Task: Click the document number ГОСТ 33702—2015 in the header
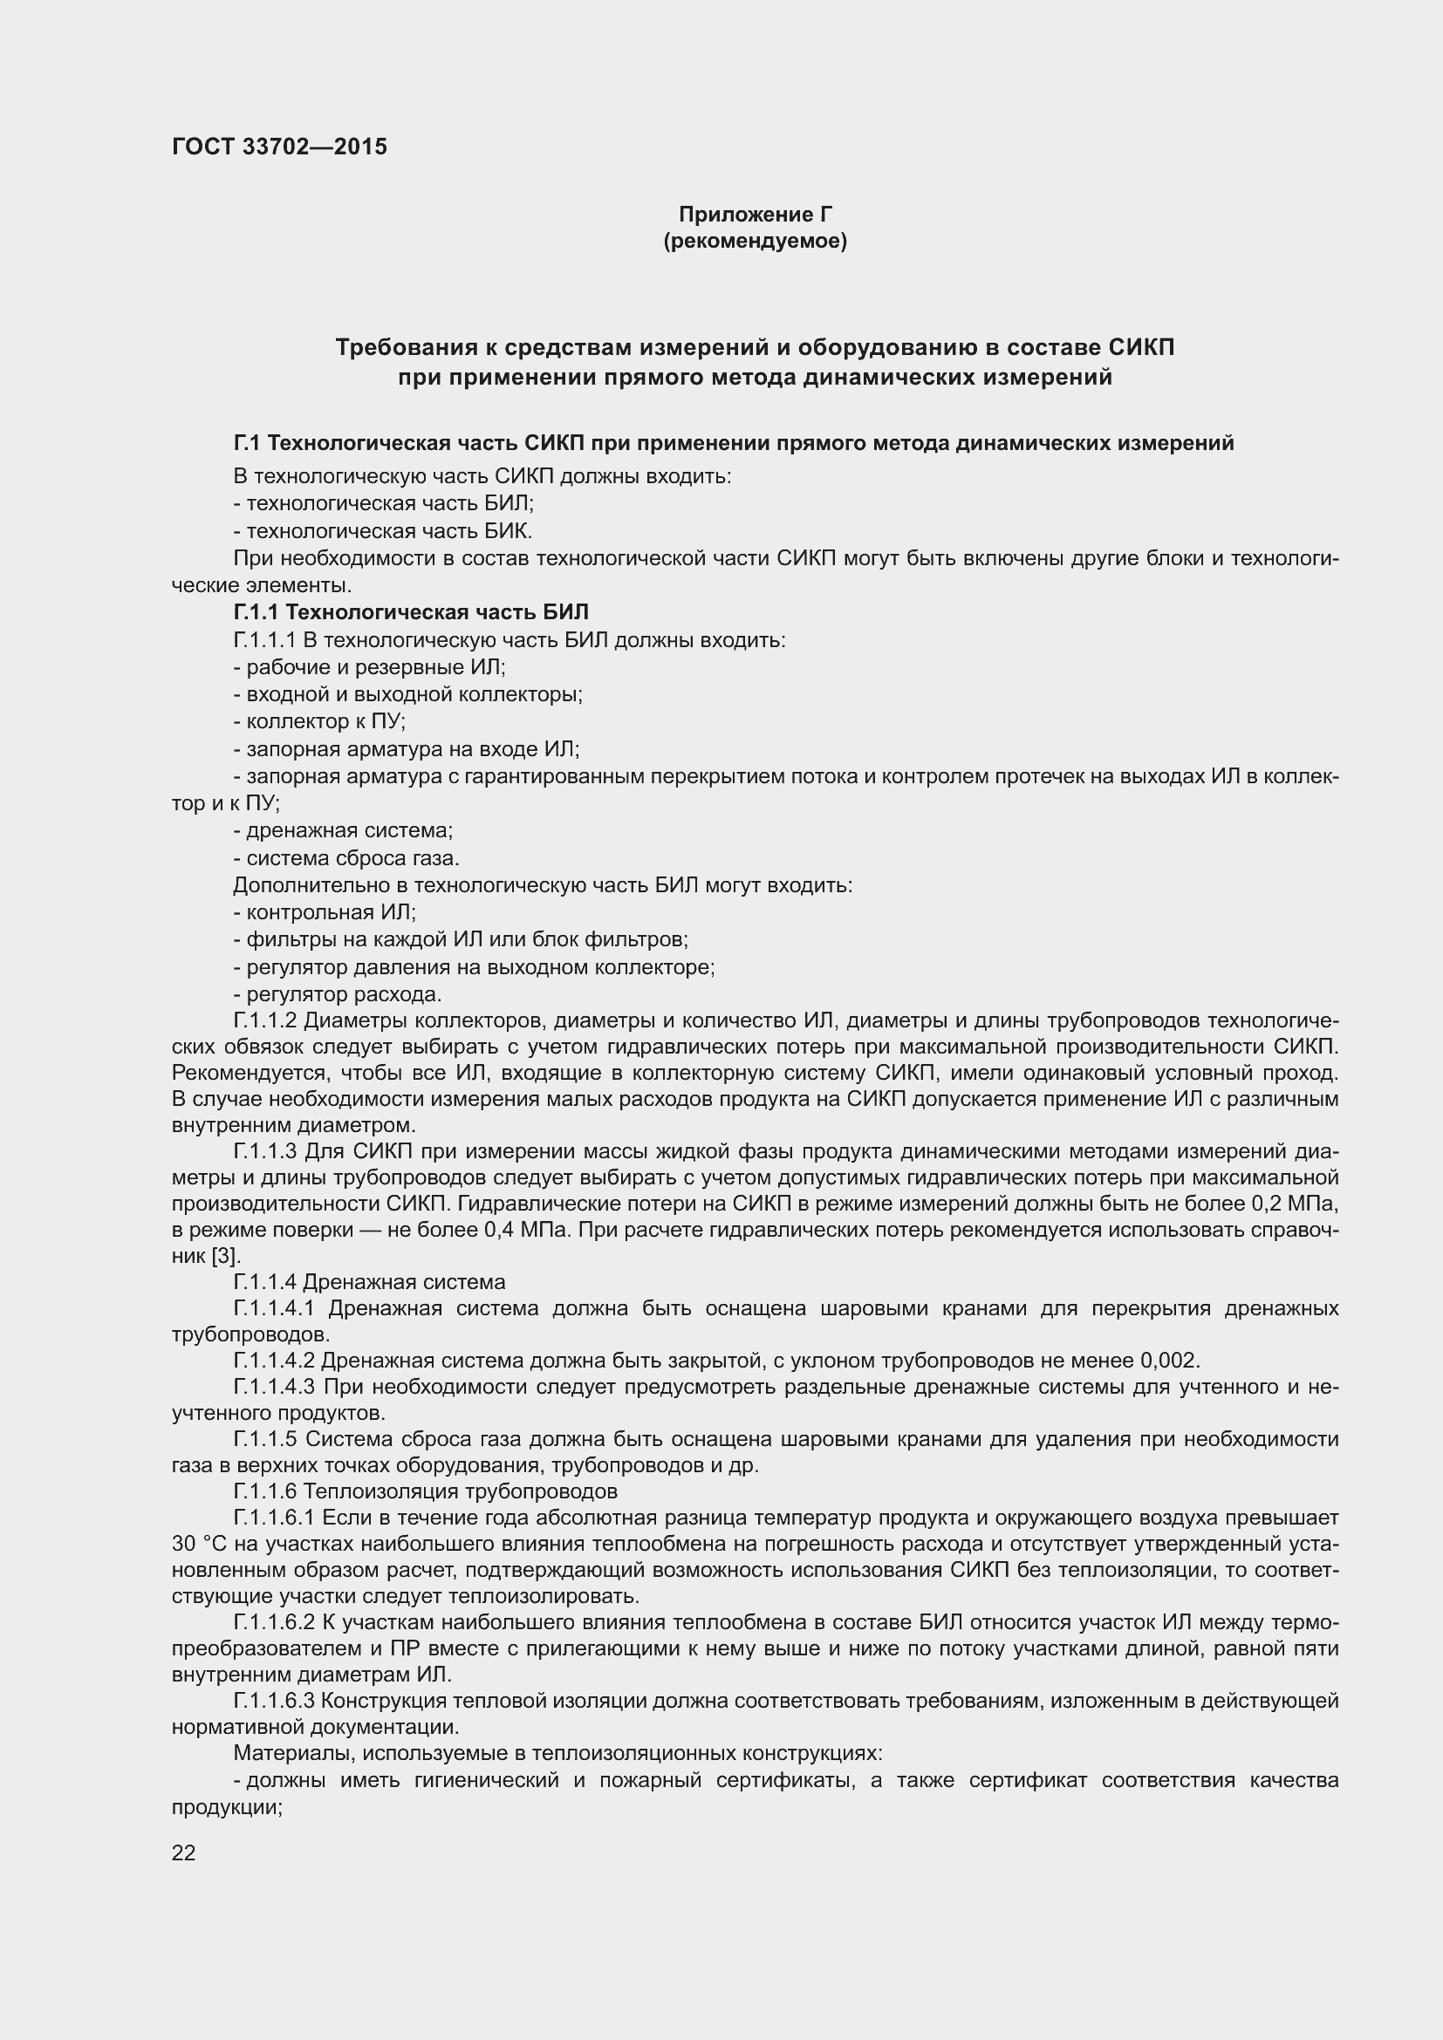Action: pyautogui.click(x=279, y=147)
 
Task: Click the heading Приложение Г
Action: pyautogui.click(x=755, y=215)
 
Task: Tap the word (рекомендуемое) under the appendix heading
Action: pyautogui.click(x=755, y=241)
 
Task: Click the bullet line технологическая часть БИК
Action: pyautogui.click(x=383, y=531)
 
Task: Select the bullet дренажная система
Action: pyautogui.click(x=344, y=831)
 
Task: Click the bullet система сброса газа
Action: pyautogui.click(x=346, y=858)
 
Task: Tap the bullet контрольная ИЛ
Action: pyautogui.click(x=325, y=912)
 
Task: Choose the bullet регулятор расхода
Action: pyautogui.click(x=339, y=994)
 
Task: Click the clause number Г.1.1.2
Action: pyautogui.click(x=265, y=1021)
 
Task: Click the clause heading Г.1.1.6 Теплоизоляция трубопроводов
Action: pyautogui.click(x=425, y=1491)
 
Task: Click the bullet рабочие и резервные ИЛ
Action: pyautogui.click(x=370, y=667)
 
